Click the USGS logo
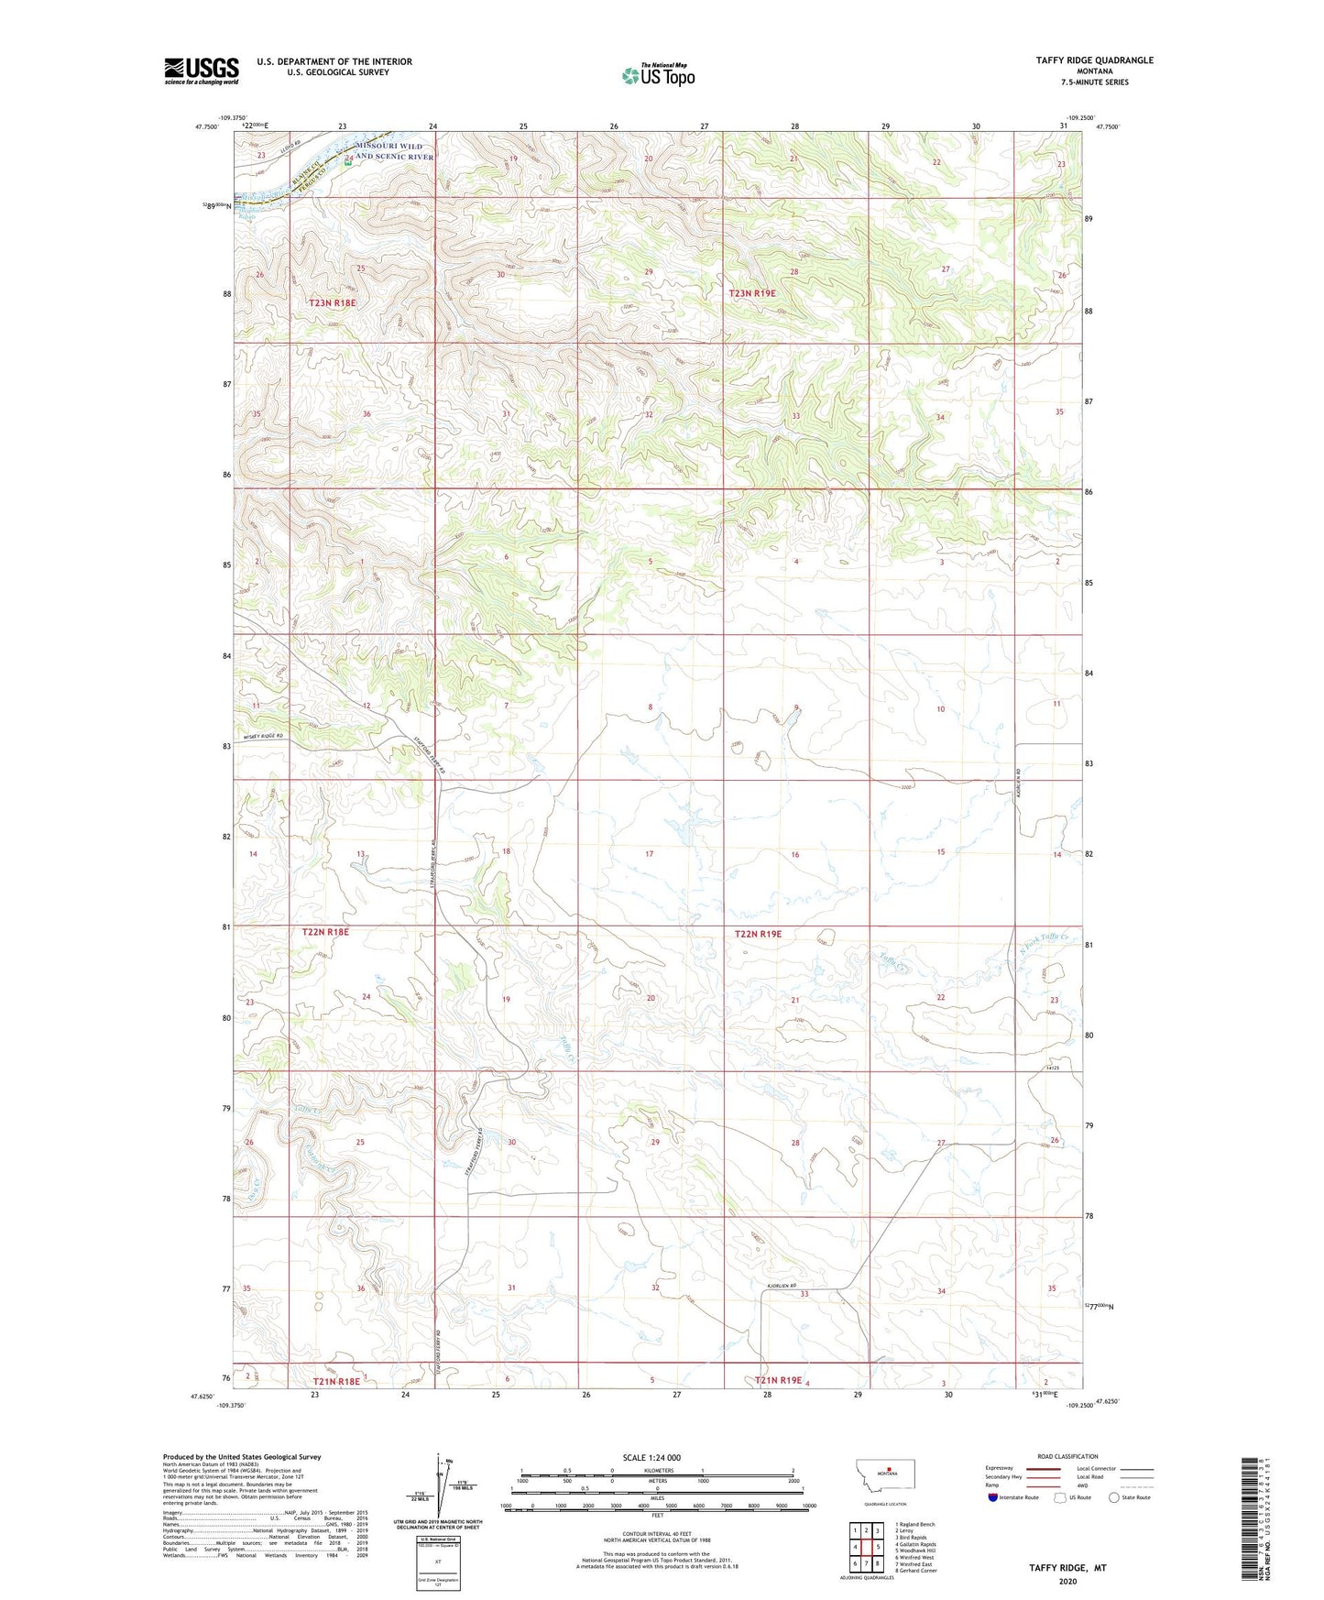point(201,71)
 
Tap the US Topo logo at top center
point(657,75)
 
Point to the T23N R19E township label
point(752,293)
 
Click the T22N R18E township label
point(325,932)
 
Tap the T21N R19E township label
point(778,1379)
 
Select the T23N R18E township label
point(332,302)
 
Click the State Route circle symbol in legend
point(1114,1497)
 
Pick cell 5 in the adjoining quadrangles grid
point(877,1547)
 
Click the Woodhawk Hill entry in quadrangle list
point(916,1551)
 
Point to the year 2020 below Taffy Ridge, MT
point(1067,1582)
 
